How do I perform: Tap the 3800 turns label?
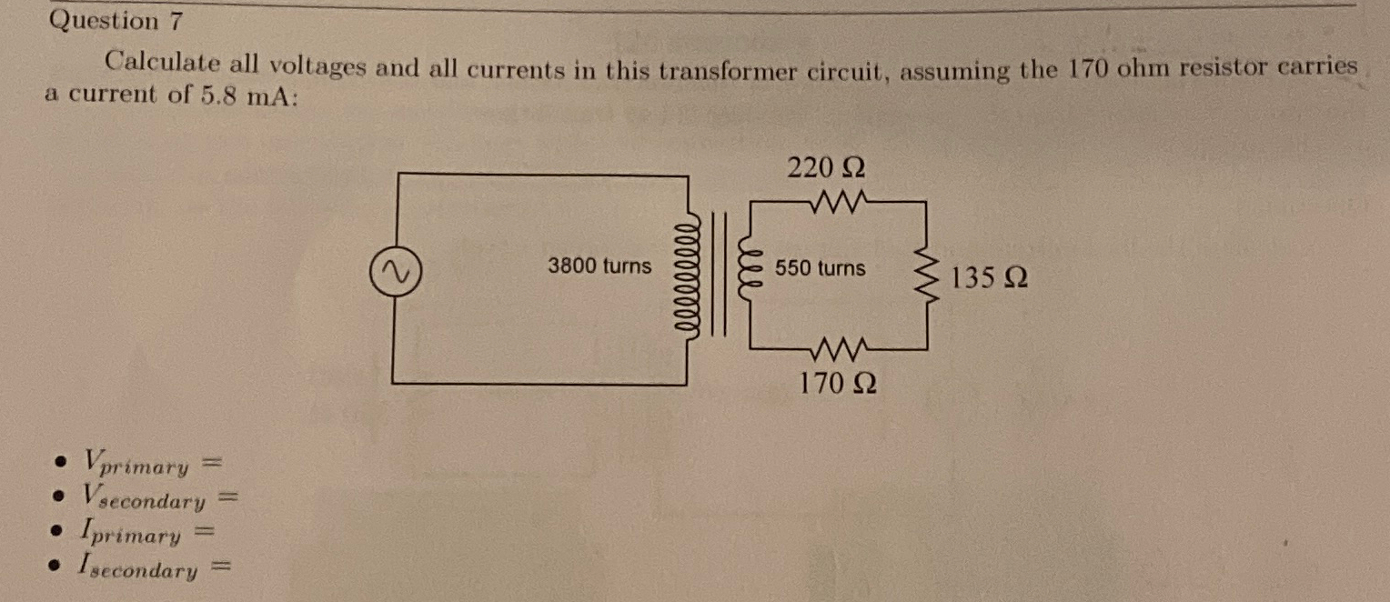pos(599,266)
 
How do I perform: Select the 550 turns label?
pos(821,269)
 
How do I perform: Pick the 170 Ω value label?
pos(838,384)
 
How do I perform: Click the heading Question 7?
pos(104,21)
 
